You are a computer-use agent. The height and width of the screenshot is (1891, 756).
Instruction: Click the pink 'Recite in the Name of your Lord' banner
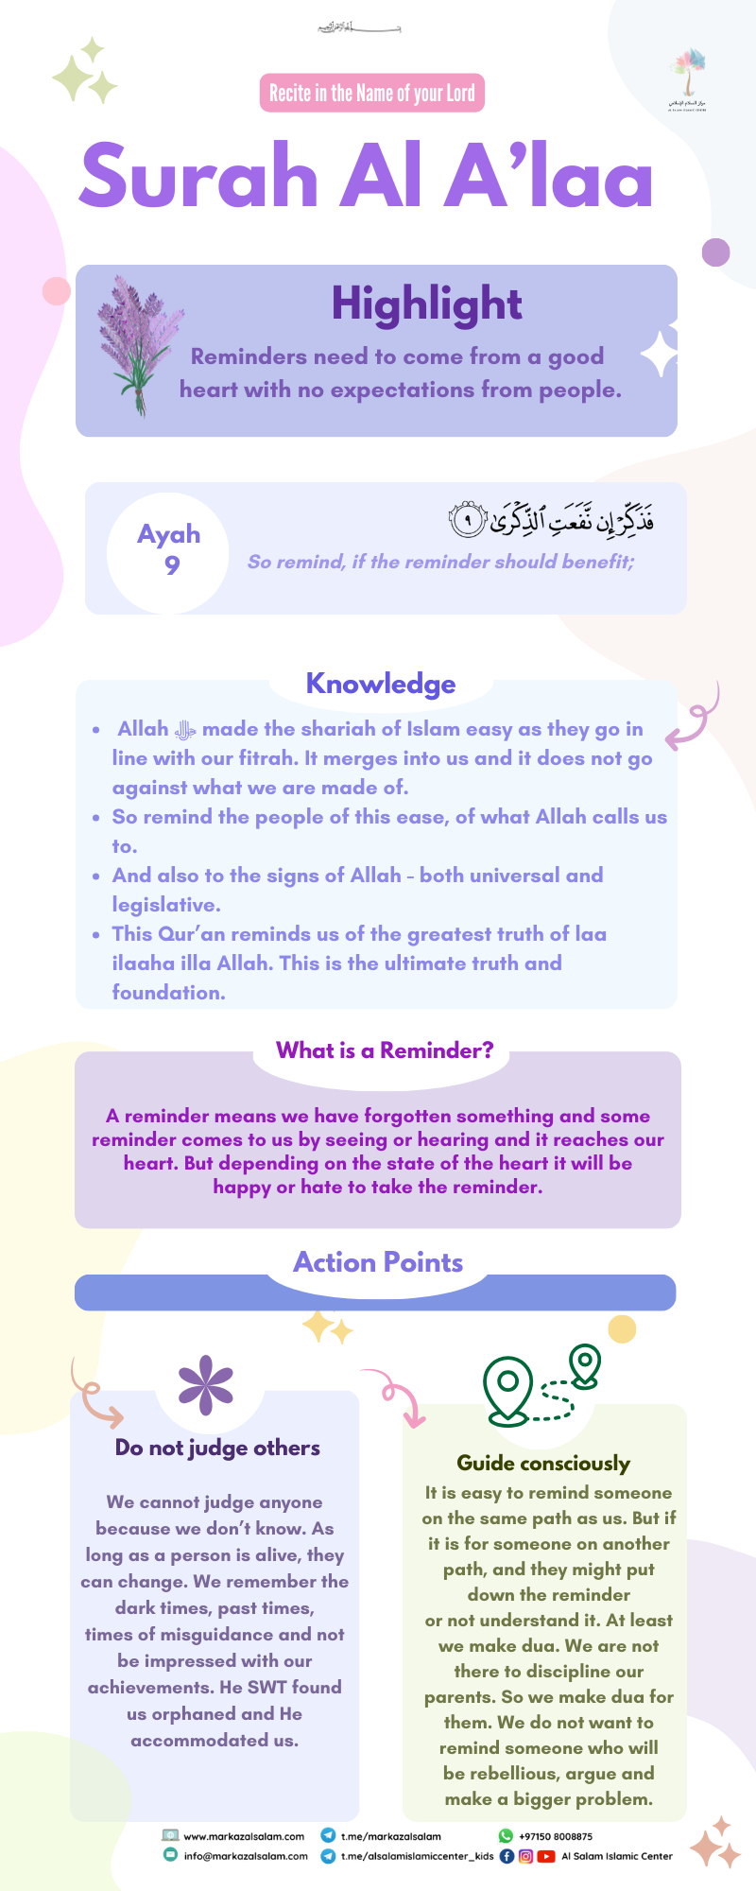click(371, 93)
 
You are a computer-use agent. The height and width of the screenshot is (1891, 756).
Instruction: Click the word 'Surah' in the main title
click(198, 176)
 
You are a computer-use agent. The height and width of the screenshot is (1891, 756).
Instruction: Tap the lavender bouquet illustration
click(139, 346)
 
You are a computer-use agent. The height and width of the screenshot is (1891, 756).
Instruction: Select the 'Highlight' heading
click(426, 304)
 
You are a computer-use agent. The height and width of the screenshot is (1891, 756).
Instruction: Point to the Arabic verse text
click(551, 517)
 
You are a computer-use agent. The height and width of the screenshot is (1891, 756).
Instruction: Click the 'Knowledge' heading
click(381, 684)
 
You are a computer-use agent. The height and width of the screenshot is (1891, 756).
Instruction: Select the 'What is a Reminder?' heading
click(385, 1050)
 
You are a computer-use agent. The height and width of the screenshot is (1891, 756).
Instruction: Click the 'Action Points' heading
click(378, 1262)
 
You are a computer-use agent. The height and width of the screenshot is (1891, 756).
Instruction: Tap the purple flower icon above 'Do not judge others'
click(206, 1385)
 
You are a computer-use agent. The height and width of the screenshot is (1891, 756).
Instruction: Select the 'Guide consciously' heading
click(543, 1464)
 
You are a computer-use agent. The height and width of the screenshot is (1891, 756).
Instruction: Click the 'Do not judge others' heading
click(217, 1448)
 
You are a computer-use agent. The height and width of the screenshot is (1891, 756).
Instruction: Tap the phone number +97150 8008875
click(556, 1836)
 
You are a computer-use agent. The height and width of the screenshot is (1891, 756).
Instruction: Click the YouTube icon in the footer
click(546, 1856)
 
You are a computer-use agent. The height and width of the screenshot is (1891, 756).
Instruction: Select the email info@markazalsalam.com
click(246, 1856)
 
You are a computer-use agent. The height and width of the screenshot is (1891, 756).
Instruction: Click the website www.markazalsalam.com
click(244, 1836)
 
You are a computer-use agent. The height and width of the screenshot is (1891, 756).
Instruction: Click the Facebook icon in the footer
click(507, 1856)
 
